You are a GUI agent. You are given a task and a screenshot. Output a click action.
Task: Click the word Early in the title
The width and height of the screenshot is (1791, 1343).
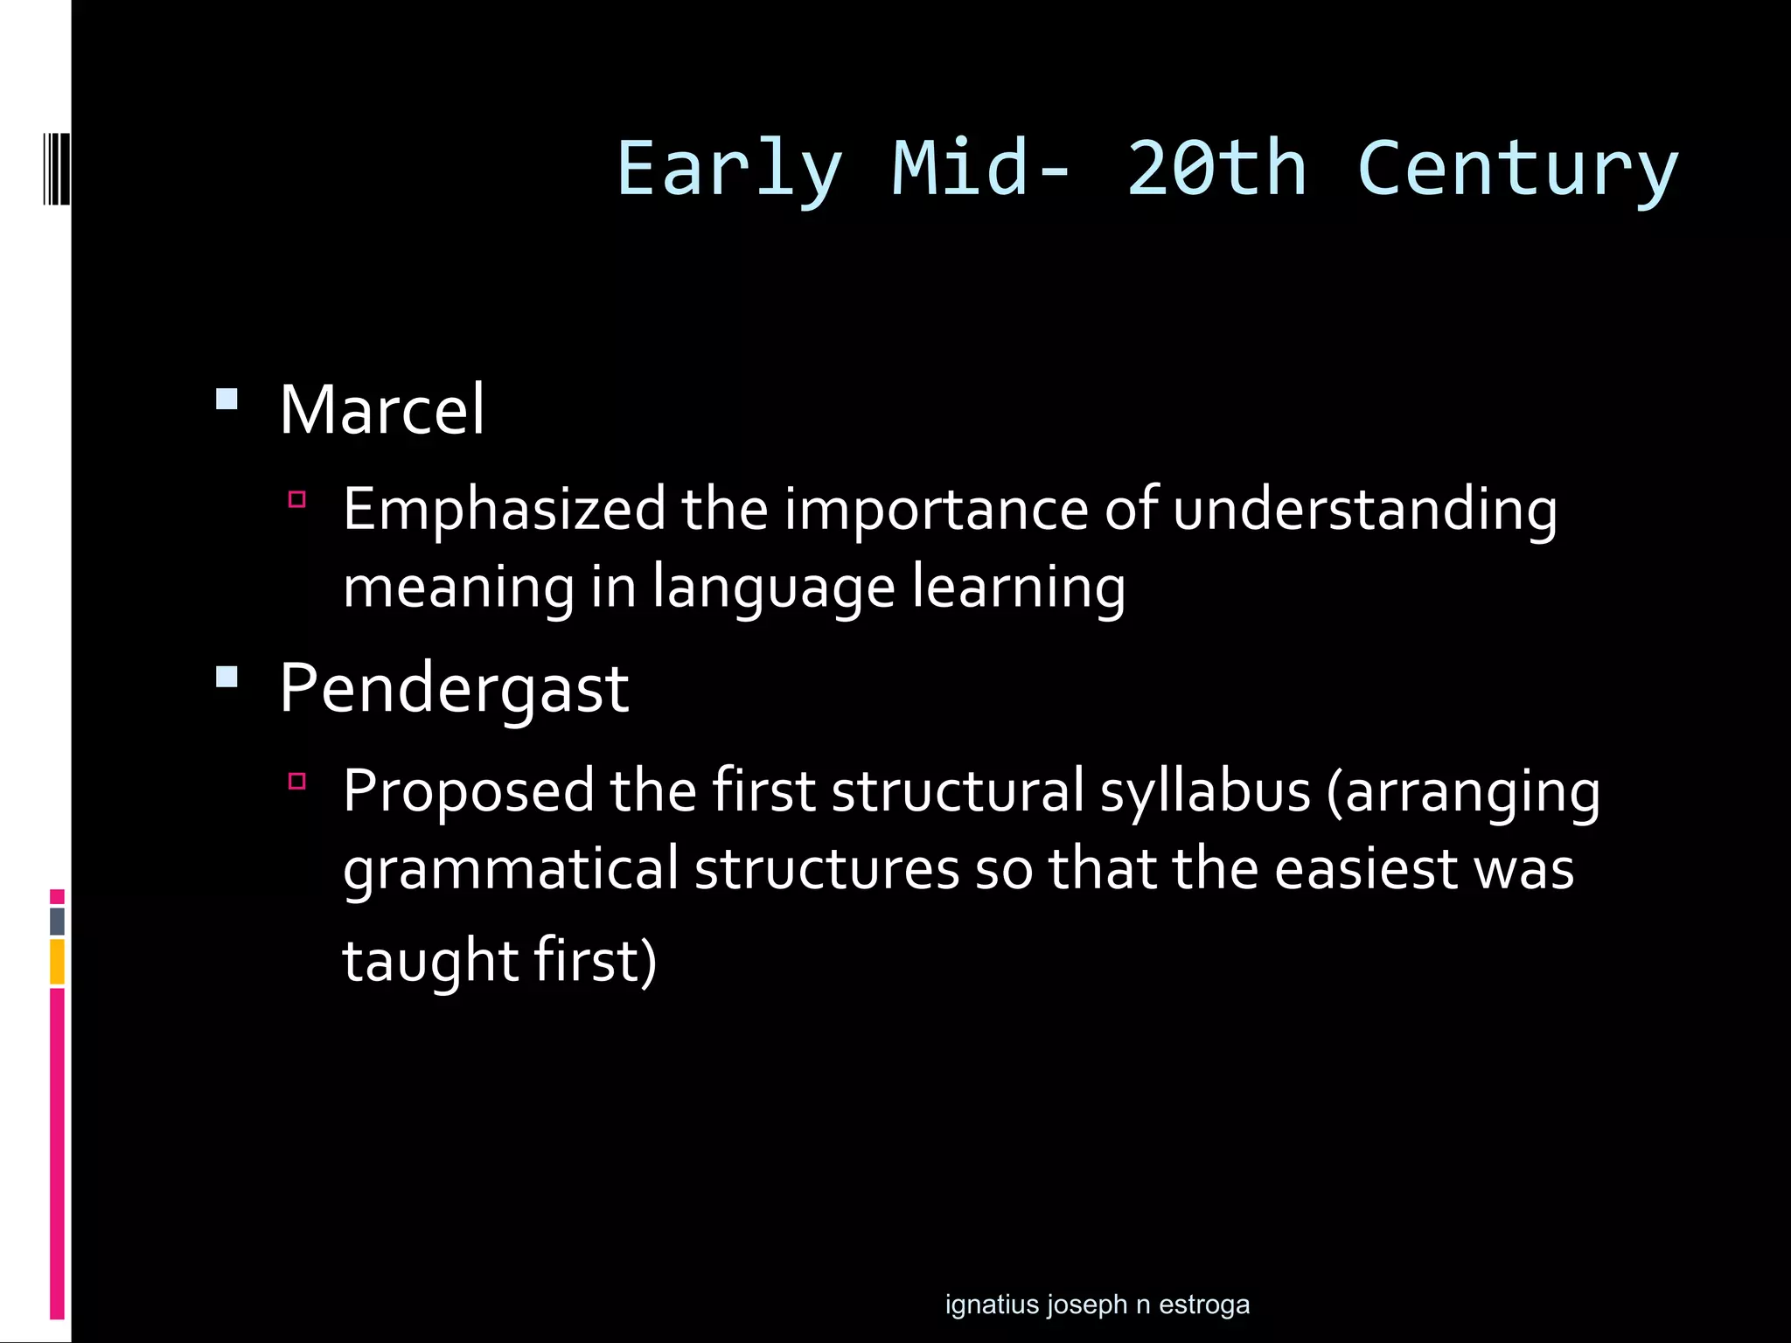pyautogui.click(x=729, y=169)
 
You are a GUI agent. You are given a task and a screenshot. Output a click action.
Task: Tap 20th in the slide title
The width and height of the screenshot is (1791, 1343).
pyautogui.click(x=1216, y=169)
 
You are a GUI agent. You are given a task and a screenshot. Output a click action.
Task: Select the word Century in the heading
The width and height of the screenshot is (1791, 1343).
pyautogui.click(x=1517, y=169)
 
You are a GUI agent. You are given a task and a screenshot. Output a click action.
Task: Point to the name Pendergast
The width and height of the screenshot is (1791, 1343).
pyautogui.click(x=454, y=688)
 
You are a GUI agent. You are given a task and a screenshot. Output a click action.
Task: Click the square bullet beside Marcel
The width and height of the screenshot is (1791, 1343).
pyautogui.click(x=226, y=400)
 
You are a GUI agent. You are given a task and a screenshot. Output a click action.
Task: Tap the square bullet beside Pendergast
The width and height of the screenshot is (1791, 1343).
pyautogui.click(x=226, y=677)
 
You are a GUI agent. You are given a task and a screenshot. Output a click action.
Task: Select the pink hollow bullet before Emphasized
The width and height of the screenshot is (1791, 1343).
pyautogui.click(x=297, y=500)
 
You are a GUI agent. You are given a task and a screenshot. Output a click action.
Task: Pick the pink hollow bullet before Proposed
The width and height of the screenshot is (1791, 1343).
pyautogui.click(x=297, y=781)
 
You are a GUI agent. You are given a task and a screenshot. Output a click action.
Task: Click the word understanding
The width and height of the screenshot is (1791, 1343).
pyautogui.click(x=1364, y=510)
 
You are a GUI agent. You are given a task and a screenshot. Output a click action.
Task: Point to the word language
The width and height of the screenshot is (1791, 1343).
pyautogui.click(x=773, y=588)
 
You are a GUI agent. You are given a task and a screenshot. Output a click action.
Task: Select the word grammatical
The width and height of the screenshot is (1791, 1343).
pyautogui.click(x=511, y=870)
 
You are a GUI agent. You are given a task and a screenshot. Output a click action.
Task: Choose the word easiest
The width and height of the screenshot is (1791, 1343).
pyautogui.click(x=1366, y=870)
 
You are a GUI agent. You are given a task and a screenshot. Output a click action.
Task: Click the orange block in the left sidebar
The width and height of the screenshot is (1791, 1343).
pyautogui.click(x=57, y=962)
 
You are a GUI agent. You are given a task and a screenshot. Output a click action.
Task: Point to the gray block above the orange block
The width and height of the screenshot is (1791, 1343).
pyautogui.click(x=57, y=922)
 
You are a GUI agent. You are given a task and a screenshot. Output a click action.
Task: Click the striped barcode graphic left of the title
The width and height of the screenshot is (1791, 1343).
pyautogui.click(x=56, y=169)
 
